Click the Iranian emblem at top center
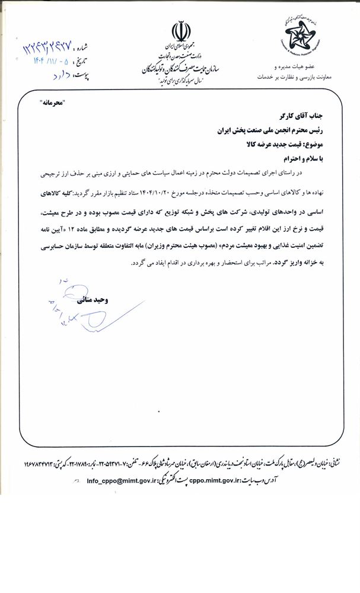coord(180,30)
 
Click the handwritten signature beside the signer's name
coord(74,302)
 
